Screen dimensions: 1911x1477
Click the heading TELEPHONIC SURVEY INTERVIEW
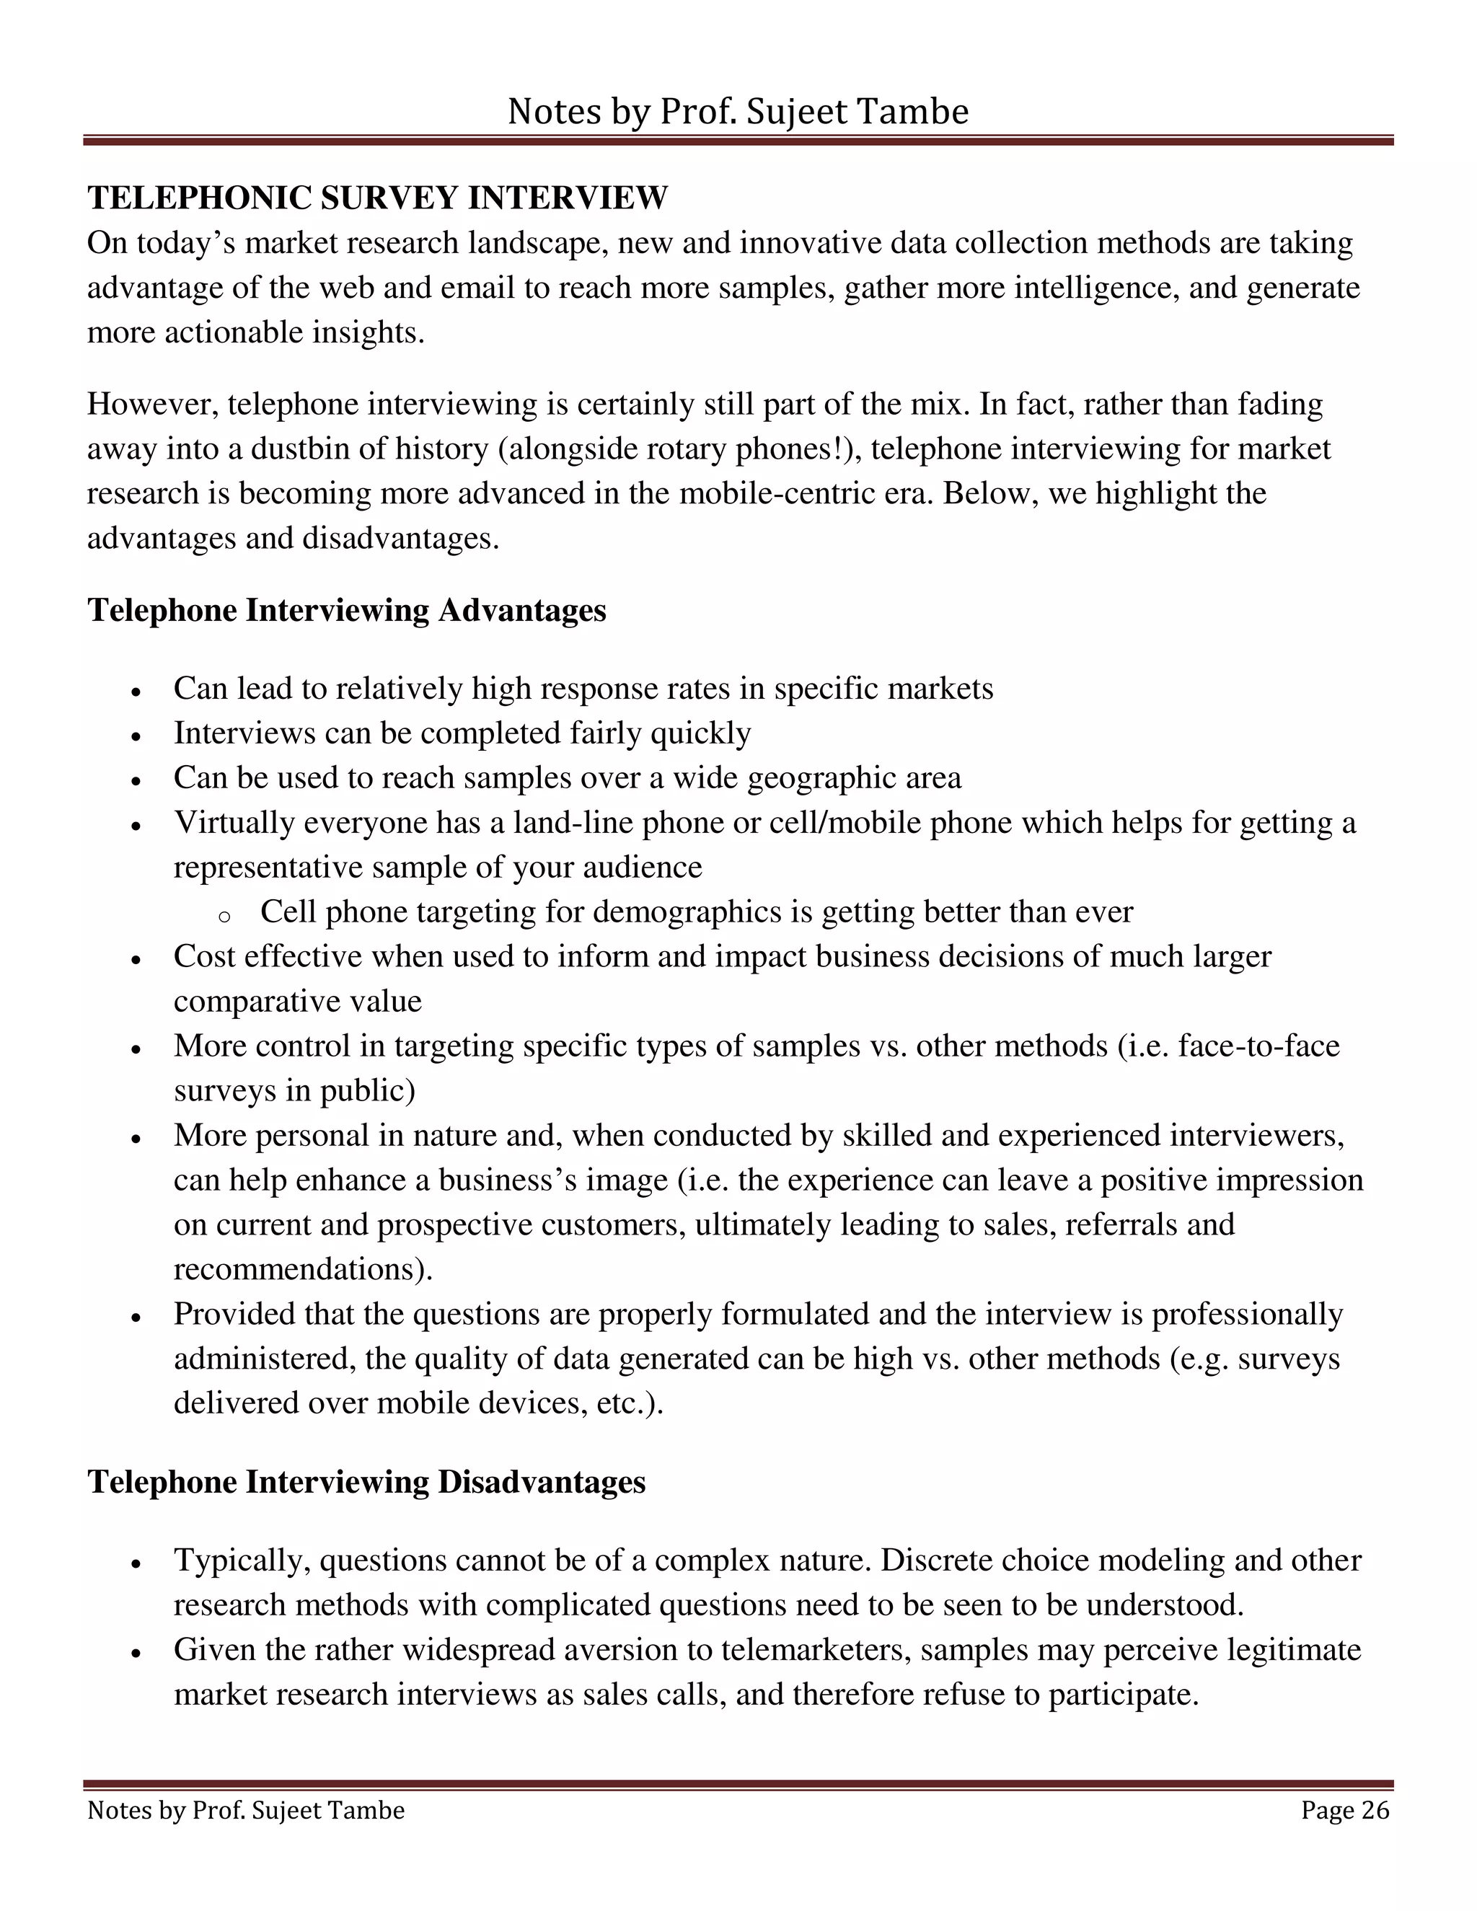(x=377, y=198)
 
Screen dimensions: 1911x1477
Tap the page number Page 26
(x=1344, y=1809)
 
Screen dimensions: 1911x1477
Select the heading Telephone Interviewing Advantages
(x=346, y=610)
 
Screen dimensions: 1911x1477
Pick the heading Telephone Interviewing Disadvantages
(x=366, y=1481)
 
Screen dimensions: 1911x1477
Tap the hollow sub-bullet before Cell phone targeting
(x=224, y=916)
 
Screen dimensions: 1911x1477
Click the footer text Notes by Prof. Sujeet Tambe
(x=246, y=1809)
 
